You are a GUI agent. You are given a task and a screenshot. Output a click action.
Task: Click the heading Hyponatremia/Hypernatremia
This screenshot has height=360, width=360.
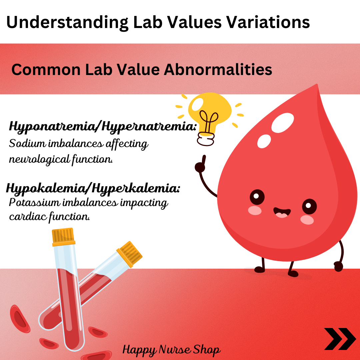pyautogui.click(x=103, y=127)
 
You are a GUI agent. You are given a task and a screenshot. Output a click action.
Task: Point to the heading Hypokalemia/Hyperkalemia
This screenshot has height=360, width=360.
pyautogui.click(x=93, y=189)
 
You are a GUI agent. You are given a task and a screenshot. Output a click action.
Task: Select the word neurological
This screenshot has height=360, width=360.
pyautogui.click(x=39, y=159)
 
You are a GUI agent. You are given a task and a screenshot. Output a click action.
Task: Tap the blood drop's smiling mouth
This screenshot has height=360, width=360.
pyautogui.click(x=282, y=212)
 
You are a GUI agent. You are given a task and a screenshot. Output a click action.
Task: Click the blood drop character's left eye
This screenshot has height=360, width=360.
pyautogui.click(x=257, y=197)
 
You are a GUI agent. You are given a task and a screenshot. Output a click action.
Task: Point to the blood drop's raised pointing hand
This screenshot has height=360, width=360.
pyautogui.click(x=200, y=164)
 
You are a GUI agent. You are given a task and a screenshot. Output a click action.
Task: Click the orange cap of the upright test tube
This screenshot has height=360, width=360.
pyautogui.click(x=63, y=237)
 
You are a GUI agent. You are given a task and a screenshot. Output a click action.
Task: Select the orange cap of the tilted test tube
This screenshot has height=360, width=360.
pyautogui.click(x=129, y=254)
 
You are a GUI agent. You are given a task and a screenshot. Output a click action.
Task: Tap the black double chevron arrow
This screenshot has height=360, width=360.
pyautogui.click(x=340, y=339)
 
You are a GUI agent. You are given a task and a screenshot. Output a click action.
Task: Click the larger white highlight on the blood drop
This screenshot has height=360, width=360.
pyautogui.click(x=283, y=123)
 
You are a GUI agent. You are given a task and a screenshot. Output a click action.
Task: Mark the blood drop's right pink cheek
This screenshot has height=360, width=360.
pyautogui.click(x=307, y=220)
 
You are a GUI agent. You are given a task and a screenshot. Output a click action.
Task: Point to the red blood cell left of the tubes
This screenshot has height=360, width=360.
pyautogui.click(x=20, y=319)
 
